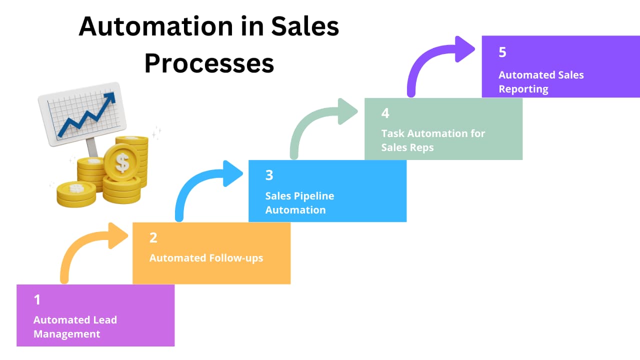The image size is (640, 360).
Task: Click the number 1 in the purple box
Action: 37,299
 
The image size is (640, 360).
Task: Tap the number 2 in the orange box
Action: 153,237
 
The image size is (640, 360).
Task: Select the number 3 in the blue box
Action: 269,175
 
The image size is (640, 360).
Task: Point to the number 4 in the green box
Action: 385,113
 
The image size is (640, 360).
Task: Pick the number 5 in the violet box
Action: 502,52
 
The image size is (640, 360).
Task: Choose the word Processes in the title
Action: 209,63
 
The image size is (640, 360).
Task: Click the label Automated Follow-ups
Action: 206,258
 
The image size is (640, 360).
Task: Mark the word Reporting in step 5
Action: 523,89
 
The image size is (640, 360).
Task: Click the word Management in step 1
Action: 66,334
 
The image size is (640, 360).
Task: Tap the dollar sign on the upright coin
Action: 121,162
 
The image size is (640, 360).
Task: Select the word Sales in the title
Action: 305,27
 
